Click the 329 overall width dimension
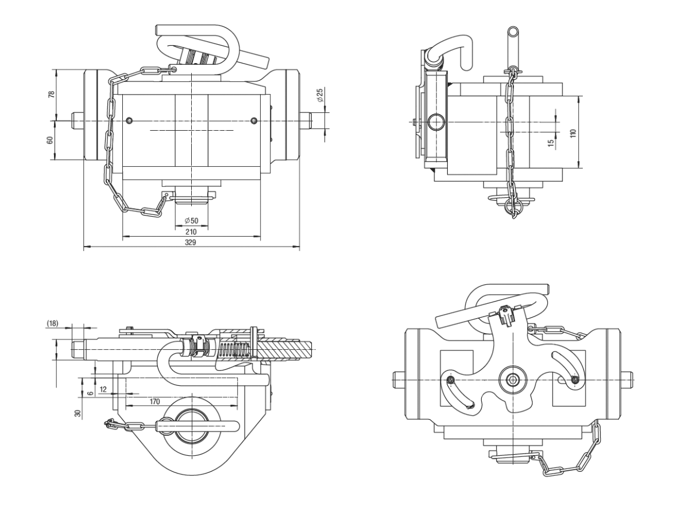pyautogui.click(x=191, y=243)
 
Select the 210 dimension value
pyautogui.click(x=191, y=232)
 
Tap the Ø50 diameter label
pyautogui.click(x=191, y=221)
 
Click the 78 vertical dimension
pyautogui.click(x=51, y=94)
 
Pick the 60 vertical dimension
pyautogui.click(x=51, y=140)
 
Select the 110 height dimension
pyautogui.click(x=572, y=132)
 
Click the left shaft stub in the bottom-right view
pyautogui.click(x=400, y=378)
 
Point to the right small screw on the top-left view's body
pyautogui.click(x=254, y=120)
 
